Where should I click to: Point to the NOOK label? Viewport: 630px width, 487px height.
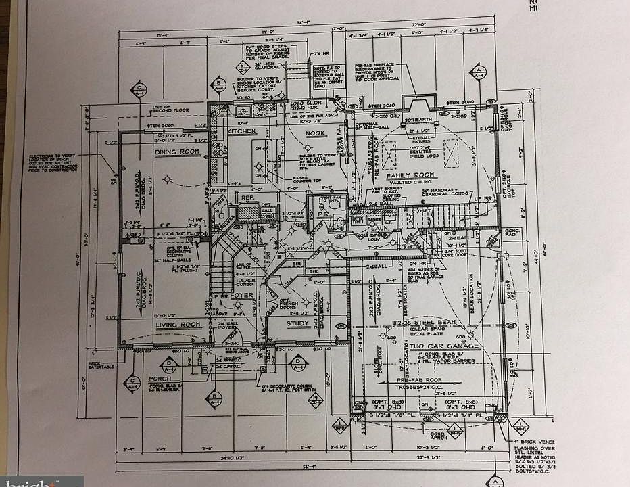click(315, 133)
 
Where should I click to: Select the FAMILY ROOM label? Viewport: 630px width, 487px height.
click(410, 176)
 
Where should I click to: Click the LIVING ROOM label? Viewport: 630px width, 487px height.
click(180, 325)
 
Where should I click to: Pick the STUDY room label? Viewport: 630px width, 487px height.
click(298, 323)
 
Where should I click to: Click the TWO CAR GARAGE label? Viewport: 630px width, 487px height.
click(443, 346)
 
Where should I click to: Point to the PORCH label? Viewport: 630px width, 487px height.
click(160, 379)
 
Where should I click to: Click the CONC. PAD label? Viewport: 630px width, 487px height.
click(510, 233)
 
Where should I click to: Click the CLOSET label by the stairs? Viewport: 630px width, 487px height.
click(422, 210)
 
